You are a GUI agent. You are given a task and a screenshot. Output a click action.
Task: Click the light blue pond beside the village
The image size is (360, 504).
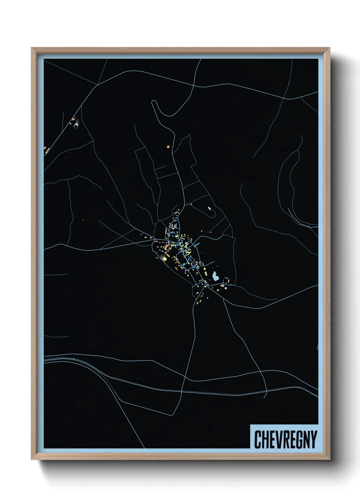(215, 276)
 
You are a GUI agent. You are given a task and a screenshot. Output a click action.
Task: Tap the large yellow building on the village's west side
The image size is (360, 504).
(165, 259)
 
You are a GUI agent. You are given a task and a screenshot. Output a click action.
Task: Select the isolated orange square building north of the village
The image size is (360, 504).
(168, 147)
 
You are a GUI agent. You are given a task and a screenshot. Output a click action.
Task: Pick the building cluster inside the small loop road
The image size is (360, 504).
(75, 123)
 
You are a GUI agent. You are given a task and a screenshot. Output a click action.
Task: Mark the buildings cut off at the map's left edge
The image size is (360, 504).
(46, 149)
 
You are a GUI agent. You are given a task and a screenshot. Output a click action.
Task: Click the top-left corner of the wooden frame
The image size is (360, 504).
(32, 48)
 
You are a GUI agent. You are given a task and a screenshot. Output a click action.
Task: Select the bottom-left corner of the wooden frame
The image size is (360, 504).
(32, 459)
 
